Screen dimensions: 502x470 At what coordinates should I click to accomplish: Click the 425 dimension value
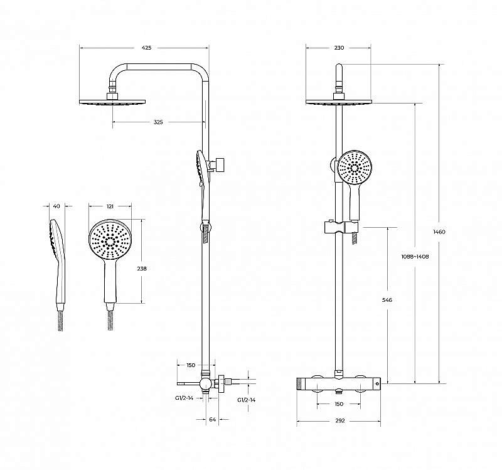point(146,48)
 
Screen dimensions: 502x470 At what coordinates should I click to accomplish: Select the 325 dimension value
point(158,122)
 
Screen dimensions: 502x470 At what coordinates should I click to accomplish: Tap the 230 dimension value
point(339,48)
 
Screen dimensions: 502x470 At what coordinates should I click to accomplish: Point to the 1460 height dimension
point(439,232)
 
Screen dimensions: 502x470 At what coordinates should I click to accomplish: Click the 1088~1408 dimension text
point(415,257)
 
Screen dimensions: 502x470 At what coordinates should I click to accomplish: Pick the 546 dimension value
point(387,300)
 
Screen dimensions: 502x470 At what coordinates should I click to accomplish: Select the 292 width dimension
point(340,420)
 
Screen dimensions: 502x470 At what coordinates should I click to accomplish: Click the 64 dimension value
point(213,419)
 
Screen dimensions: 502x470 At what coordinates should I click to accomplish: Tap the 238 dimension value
point(142,269)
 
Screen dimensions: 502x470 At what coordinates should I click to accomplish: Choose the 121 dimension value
point(110,206)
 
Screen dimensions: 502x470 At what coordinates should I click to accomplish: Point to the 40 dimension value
point(56,206)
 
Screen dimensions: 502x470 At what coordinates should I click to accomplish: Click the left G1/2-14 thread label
point(184,398)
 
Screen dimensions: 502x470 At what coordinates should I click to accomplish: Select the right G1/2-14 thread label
point(247,400)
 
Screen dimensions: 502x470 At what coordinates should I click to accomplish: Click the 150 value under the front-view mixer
point(339,404)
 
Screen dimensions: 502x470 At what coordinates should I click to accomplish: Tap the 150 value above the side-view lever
point(191,365)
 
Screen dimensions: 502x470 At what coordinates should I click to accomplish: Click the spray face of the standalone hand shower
point(110,240)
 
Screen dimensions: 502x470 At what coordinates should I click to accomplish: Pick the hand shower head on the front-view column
point(355,168)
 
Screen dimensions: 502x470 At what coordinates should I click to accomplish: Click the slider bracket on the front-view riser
point(341,227)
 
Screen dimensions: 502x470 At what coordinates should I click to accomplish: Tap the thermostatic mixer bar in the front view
point(339,383)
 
